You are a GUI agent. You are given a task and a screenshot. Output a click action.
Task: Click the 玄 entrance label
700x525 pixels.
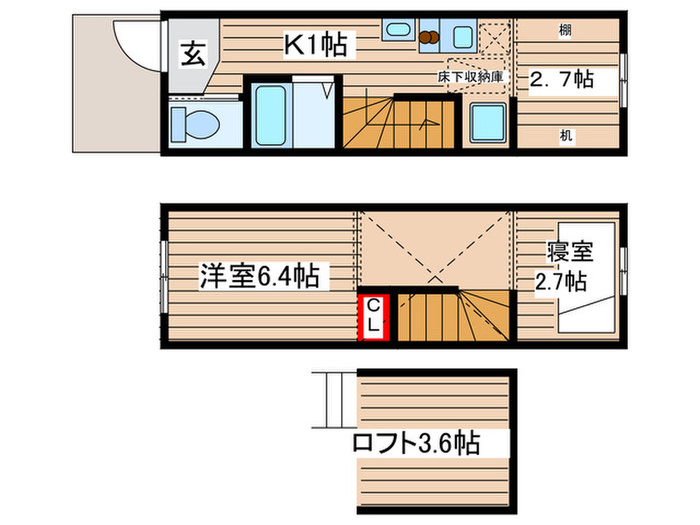[192, 55]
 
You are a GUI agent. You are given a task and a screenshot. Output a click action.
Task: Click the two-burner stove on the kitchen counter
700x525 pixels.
[430, 37]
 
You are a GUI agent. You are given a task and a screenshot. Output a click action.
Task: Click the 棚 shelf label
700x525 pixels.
[565, 31]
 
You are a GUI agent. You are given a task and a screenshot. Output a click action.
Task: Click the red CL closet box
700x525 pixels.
[372, 315]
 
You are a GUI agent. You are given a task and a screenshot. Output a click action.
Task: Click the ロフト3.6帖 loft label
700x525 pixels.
[414, 443]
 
